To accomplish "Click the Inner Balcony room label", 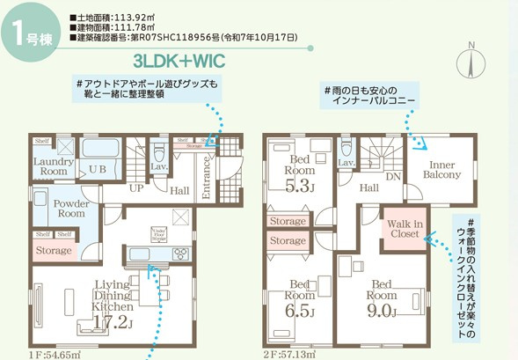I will point(439,169).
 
